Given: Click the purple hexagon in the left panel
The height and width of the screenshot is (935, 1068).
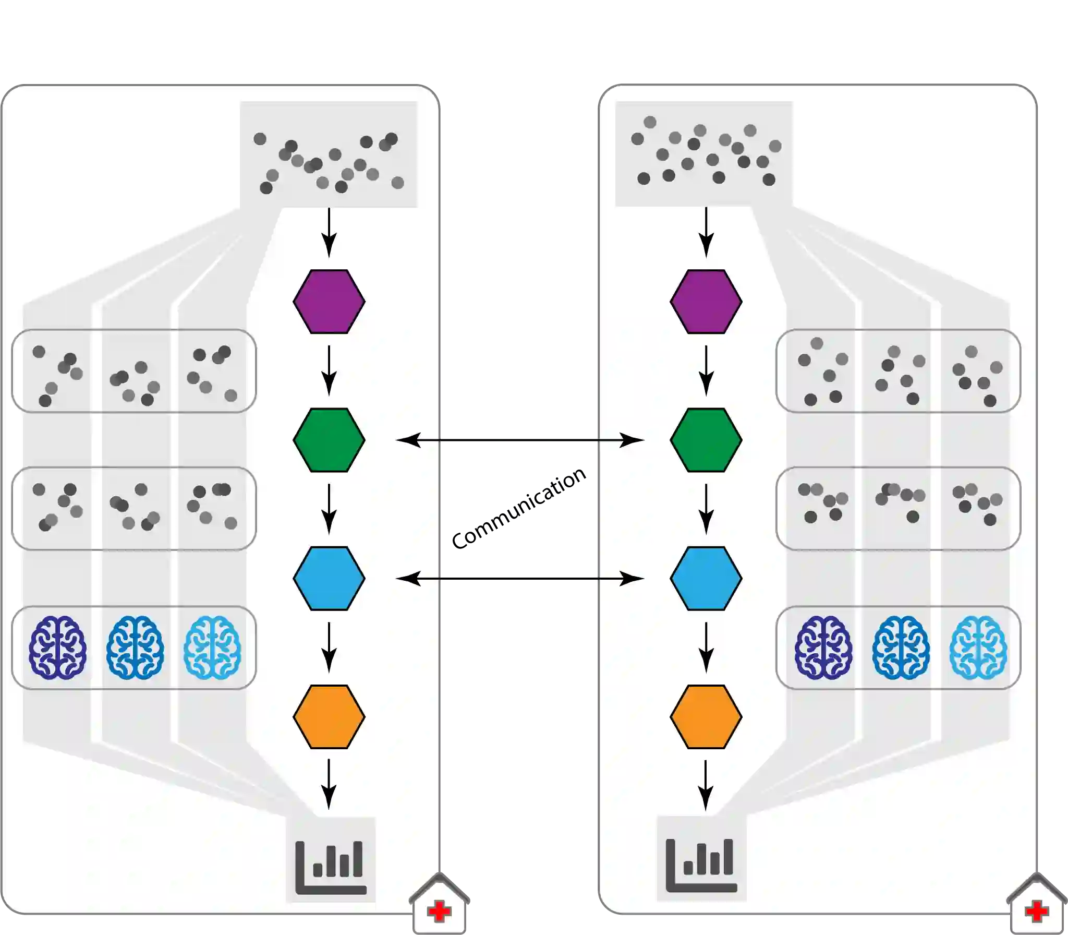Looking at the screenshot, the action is click(x=329, y=302).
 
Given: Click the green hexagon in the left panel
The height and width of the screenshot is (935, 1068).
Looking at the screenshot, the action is click(x=329, y=440).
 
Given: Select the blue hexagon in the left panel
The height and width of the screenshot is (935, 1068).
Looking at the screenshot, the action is click(x=329, y=578).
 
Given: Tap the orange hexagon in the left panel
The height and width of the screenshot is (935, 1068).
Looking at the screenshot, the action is click(x=329, y=716).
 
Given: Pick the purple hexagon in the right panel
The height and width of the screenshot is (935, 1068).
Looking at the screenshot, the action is click(x=706, y=302).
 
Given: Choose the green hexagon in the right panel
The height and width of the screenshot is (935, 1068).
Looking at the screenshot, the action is click(x=706, y=440).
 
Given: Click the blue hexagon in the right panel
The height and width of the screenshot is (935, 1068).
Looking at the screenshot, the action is click(x=706, y=578).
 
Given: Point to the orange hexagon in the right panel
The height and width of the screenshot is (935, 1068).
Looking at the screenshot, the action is click(x=706, y=716).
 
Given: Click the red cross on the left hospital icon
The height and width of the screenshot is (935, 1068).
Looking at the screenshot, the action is click(x=439, y=912).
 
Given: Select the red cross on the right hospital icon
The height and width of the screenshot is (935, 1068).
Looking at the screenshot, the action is click(x=1036, y=912).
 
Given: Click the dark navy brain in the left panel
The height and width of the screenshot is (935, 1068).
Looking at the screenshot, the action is click(x=57, y=648).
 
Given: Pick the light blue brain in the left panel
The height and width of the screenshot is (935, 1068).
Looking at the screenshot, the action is click(x=212, y=648).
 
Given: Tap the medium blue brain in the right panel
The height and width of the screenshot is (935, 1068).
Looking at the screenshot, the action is click(x=901, y=648).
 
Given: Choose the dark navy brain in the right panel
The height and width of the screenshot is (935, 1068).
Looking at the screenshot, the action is click(x=823, y=648).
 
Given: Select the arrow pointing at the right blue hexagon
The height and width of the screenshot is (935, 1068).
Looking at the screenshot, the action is click(x=621, y=578).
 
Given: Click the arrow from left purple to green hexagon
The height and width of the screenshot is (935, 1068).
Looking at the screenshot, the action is click(x=329, y=370).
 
